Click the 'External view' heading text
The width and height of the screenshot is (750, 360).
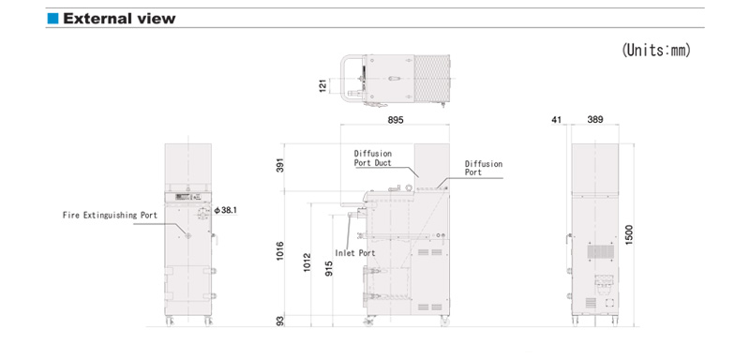coord(119,19)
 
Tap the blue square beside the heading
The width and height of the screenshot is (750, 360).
coord(52,19)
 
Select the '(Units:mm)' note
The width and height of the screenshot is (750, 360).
coord(656,50)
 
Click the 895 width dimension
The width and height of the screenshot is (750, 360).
coord(396,120)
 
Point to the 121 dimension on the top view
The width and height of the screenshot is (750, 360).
coord(322,85)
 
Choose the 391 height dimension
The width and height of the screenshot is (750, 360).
coord(280,165)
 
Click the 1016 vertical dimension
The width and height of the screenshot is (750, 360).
coord(280,251)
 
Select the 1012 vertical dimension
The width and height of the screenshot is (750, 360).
coord(307,262)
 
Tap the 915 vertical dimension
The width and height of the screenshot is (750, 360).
coord(329,268)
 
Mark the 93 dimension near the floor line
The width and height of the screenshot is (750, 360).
coord(280,321)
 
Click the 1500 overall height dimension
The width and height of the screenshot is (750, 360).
coord(629,234)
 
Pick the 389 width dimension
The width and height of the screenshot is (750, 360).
coord(595,119)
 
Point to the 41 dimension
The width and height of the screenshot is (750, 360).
coord(556,119)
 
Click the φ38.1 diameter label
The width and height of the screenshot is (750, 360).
coord(225,210)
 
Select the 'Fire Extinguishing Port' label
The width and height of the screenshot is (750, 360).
coord(110,215)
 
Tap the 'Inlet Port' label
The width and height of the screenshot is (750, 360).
coord(355,253)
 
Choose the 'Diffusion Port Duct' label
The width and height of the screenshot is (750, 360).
coord(372,158)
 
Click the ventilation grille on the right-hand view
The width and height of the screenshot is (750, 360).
coord(601,252)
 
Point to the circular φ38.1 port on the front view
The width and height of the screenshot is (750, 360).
coord(202,215)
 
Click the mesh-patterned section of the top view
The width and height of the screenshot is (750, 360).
coord(432,79)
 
